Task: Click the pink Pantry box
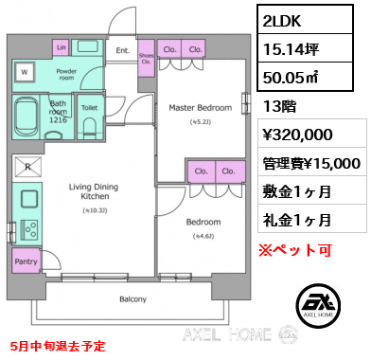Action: [26, 261]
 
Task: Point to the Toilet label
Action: [88, 109]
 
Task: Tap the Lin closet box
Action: [61, 47]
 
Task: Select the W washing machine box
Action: [25, 70]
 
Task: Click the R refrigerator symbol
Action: [25, 169]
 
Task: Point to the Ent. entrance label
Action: [122, 50]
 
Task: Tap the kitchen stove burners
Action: [26, 228]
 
